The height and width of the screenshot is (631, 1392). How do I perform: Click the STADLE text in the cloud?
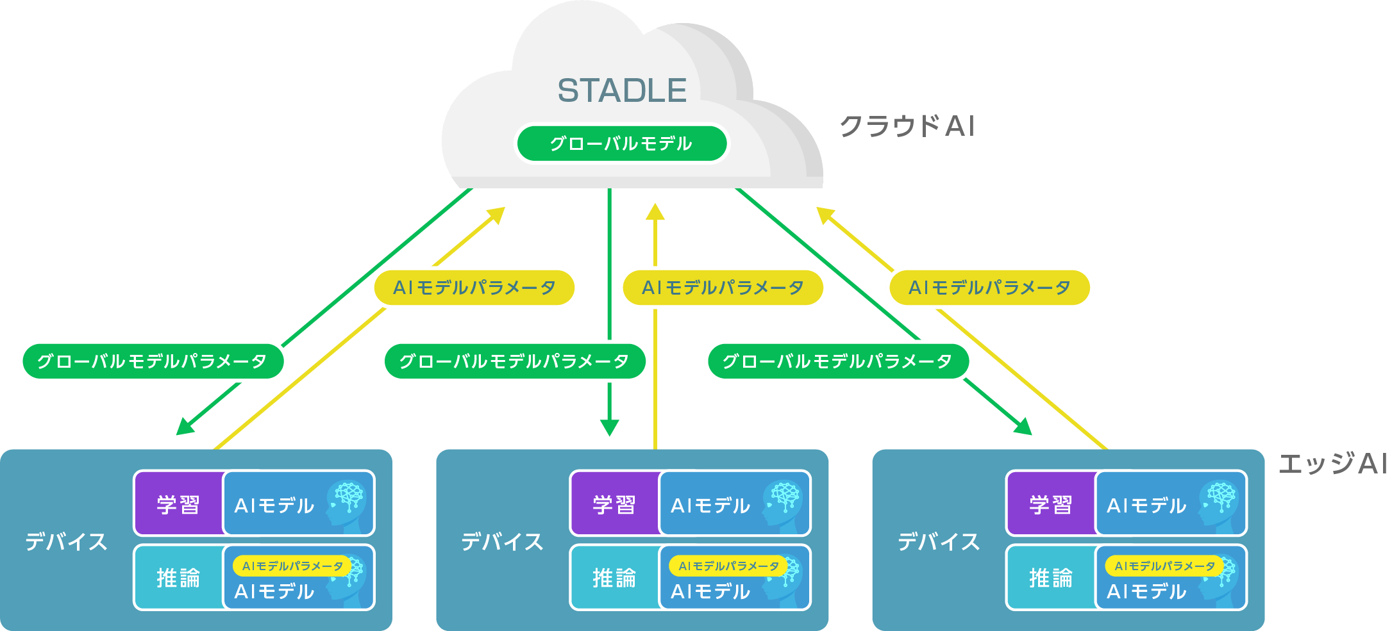pyautogui.click(x=622, y=90)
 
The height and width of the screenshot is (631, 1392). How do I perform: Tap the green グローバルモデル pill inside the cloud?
pyautogui.click(x=621, y=143)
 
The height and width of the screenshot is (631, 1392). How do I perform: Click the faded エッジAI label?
pyautogui.click(x=1332, y=463)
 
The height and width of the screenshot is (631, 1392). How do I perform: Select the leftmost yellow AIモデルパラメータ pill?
pyautogui.click(x=474, y=288)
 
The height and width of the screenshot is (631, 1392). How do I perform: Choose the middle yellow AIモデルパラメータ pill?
pyautogui.click(x=723, y=288)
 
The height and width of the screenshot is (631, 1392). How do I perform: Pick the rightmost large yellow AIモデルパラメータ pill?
pyautogui.click(x=989, y=288)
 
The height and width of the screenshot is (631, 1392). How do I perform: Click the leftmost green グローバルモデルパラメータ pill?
pyautogui.click(x=153, y=361)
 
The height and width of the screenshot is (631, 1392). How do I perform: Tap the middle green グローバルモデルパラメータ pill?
pyautogui.click(x=514, y=361)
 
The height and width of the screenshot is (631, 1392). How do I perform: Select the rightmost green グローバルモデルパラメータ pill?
pyautogui.click(x=838, y=361)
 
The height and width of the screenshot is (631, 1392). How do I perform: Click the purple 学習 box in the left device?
pyautogui.click(x=178, y=504)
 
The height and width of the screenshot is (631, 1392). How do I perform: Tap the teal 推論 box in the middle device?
pyautogui.click(x=614, y=578)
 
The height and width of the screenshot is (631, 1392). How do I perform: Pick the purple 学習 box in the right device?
pyautogui.click(x=1050, y=504)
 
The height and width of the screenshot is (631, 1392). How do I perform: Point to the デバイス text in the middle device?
pyautogui.click(x=502, y=542)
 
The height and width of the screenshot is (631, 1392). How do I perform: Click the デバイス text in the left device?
pyautogui.click(x=66, y=542)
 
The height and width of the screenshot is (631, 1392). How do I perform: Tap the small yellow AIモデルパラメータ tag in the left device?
pyautogui.click(x=292, y=566)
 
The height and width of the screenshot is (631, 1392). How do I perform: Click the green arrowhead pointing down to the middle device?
pyautogui.click(x=609, y=428)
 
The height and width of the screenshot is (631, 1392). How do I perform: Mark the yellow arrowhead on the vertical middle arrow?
pyautogui.click(x=655, y=212)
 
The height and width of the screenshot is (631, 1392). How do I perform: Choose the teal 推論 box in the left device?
pyautogui.click(x=178, y=578)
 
